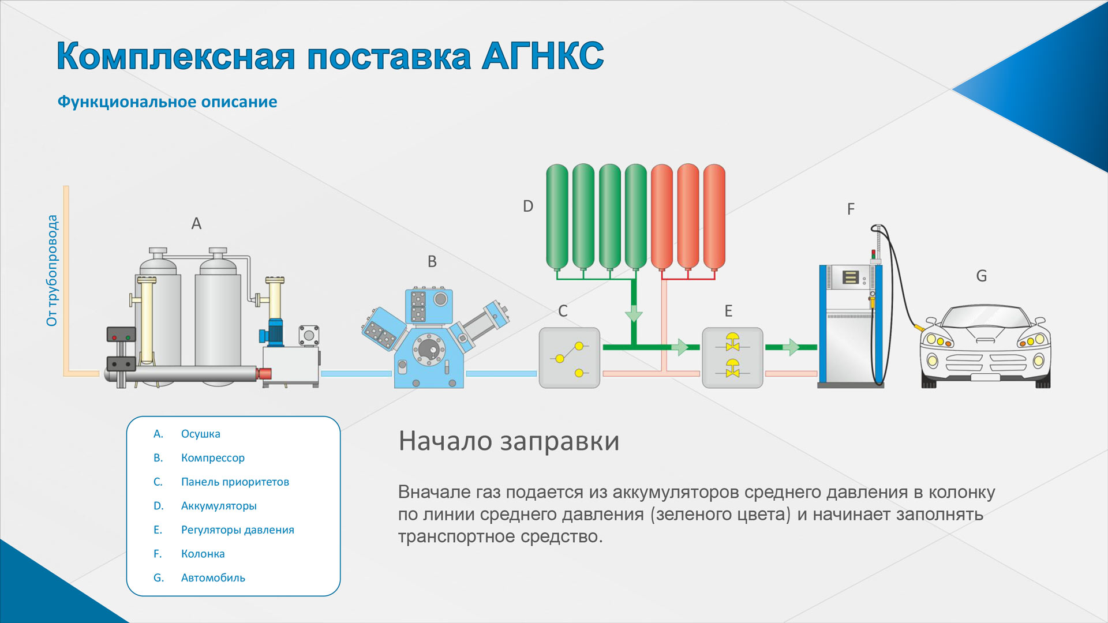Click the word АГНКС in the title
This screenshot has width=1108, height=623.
pyautogui.click(x=542, y=56)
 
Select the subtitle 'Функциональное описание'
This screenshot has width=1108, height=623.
pyautogui.click(x=167, y=102)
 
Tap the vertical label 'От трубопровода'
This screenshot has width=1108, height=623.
pyautogui.click(x=52, y=271)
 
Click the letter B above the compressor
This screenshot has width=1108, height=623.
pyautogui.click(x=432, y=261)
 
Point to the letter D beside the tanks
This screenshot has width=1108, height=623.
pyautogui.click(x=528, y=206)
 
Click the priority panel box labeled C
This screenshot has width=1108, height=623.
pyautogui.click(x=569, y=358)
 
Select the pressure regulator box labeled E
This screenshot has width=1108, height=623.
pyautogui.click(x=732, y=358)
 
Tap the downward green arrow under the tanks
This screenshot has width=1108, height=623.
pyautogui.click(x=634, y=314)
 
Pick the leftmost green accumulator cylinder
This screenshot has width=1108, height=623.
pyautogui.click(x=557, y=217)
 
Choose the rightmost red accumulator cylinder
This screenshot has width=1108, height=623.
pyautogui.click(x=714, y=217)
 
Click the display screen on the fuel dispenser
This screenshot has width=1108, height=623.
pyautogui.click(x=851, y=277)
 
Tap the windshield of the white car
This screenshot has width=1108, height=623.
pyautogui.click(x=985, y=317)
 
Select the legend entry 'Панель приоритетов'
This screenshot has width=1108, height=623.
pyautogui.click(x=235, y=482)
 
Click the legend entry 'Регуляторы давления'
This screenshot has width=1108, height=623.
pyautogui.click(x=237, y=530)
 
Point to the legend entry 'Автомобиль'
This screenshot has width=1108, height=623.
pyautogui.click(x=213, y=577)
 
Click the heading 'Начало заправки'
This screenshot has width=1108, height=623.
pyautogui.click(x=509, y=441)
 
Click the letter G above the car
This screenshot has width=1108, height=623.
pyautogui.click(x=981, y=276)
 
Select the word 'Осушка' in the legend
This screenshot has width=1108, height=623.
pyautogui.click(x=200, y=434)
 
